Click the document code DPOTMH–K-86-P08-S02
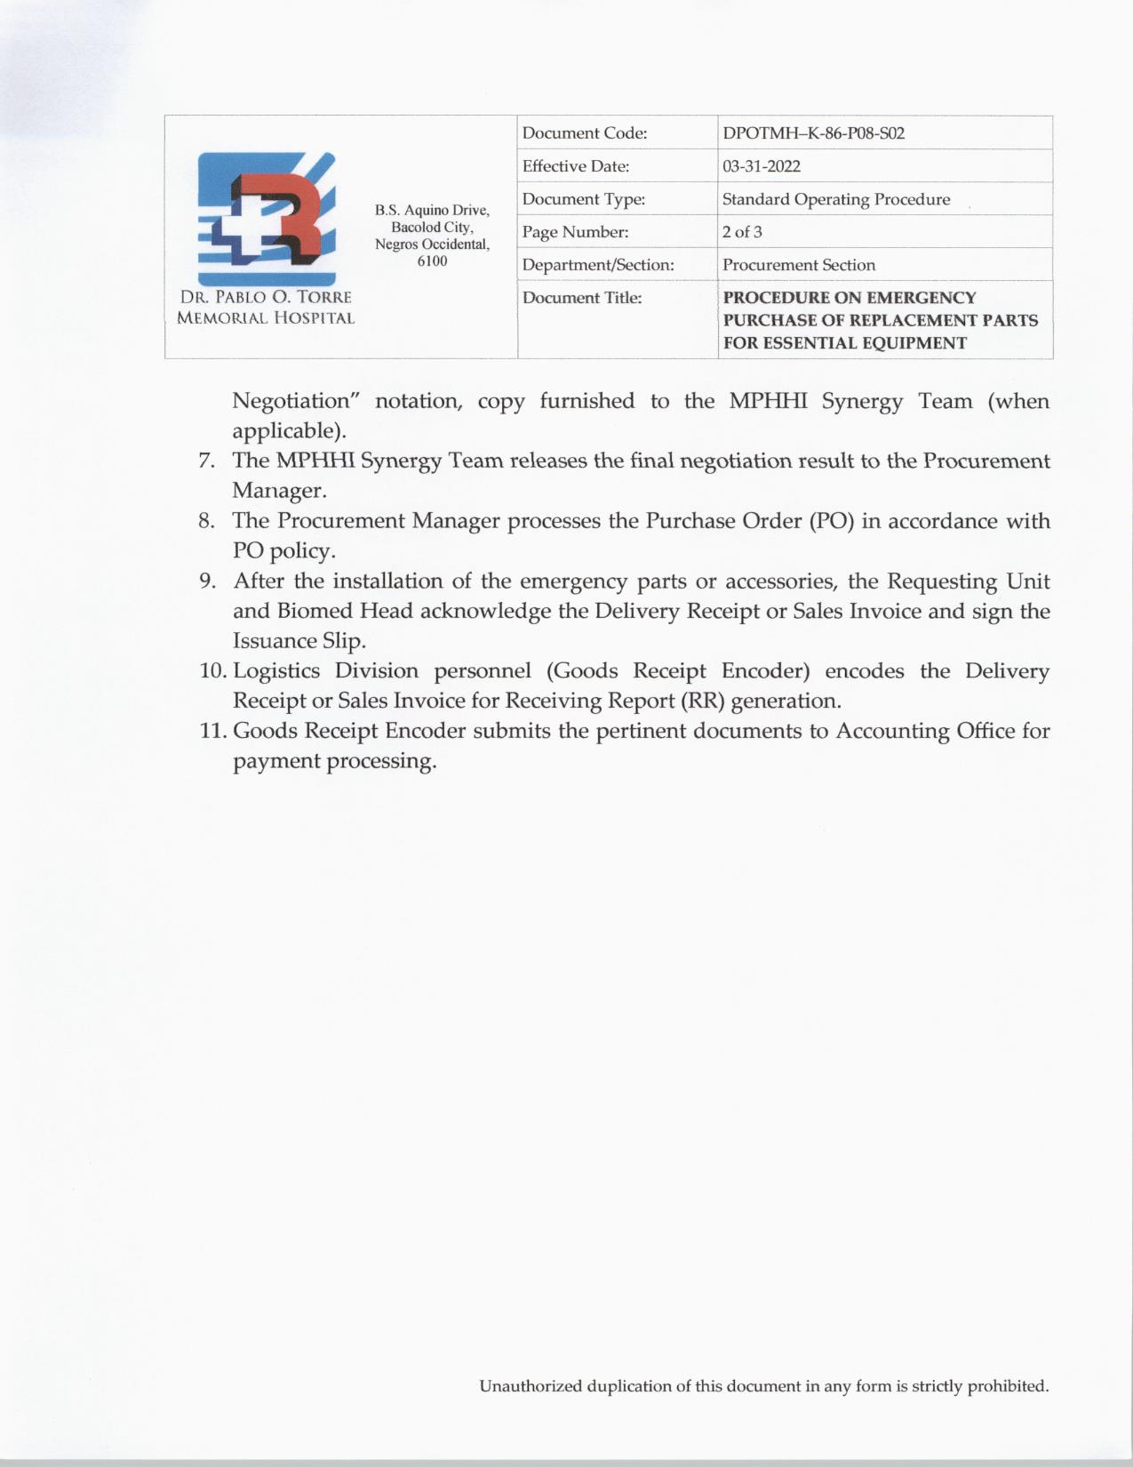point(813,133)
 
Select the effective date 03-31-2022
point(762,166)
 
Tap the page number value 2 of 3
point(742,232)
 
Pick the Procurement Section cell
point(799,265)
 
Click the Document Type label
point(583,199)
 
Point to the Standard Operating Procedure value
point(836,199)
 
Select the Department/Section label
point(598,265)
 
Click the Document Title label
point(581,298)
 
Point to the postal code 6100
point(432,261)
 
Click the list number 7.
point(205,461)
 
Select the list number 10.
point(212,671)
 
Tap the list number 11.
point(212,731)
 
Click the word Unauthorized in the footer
point(531,1386)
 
